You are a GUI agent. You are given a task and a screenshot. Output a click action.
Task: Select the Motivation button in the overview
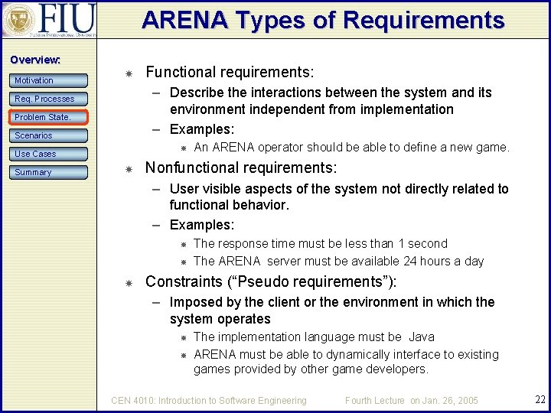click(x=49, y=80)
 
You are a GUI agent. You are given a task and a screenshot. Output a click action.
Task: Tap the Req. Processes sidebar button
click(x=49, y=99)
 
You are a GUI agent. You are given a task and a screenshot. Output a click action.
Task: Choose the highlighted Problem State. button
click(x=49, y=117)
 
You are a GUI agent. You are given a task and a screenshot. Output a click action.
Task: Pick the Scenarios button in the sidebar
click(x=49, y=135)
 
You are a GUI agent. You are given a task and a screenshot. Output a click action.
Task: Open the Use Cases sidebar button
click(x=49, y=154)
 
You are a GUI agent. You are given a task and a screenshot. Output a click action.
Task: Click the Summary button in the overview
click(x=49, y=172)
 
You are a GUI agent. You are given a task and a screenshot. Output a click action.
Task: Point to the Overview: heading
click(x=34, y=60)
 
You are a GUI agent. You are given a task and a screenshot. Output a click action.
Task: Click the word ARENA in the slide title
click(x=180, y=20)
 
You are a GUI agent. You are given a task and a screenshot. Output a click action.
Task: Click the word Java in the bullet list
click(x=422, y=337)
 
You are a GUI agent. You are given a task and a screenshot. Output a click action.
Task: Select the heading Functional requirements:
click(x=230, y=73)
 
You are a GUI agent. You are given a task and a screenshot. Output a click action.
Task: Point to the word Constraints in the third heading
click(x=182, y=281)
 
